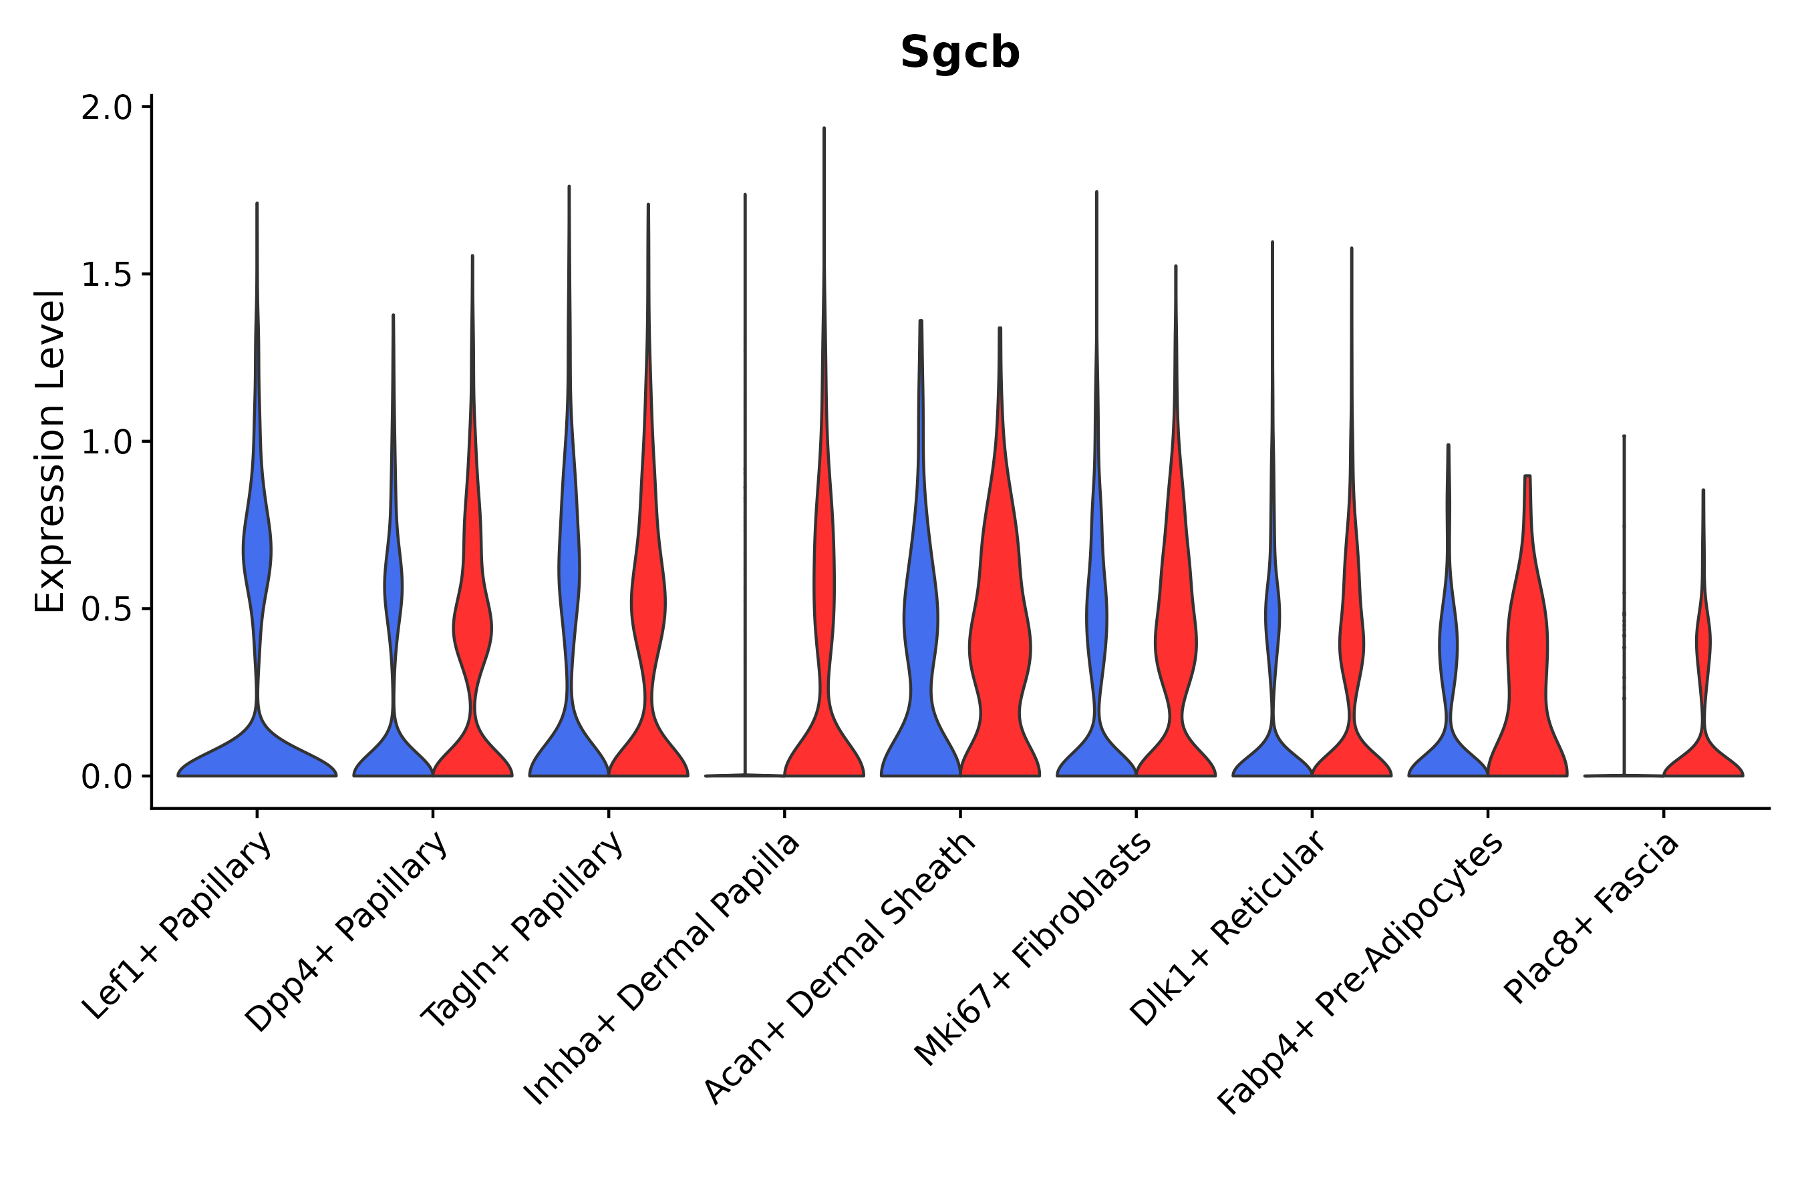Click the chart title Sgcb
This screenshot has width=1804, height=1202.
point(959,53)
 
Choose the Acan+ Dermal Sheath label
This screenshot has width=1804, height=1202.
point(841,969)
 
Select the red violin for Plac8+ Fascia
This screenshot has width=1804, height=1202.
point(1702,759)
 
